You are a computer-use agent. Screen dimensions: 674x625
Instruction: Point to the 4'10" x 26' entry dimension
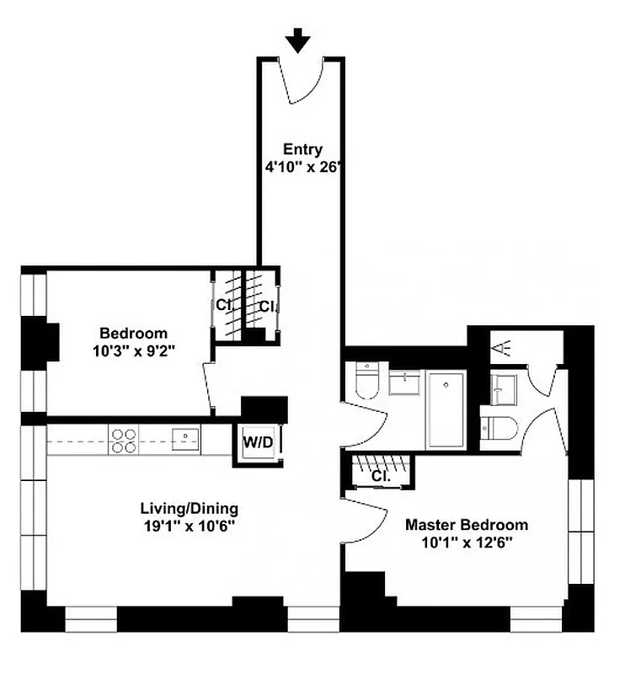click(302, 166)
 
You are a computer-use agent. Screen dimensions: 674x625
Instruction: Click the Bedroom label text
click(133, 333)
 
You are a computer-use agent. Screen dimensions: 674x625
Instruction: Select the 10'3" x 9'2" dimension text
click(133, 349)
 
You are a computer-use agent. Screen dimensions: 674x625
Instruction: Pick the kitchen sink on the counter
click(184, 437)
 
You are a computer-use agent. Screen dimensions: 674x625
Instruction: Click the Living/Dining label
click(189, 509)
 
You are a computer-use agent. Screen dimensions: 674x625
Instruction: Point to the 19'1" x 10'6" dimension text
click(189, 525)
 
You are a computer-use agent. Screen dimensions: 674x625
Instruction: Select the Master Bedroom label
click(467, 525)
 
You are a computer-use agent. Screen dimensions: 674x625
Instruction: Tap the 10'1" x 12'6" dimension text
click(467, 542)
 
